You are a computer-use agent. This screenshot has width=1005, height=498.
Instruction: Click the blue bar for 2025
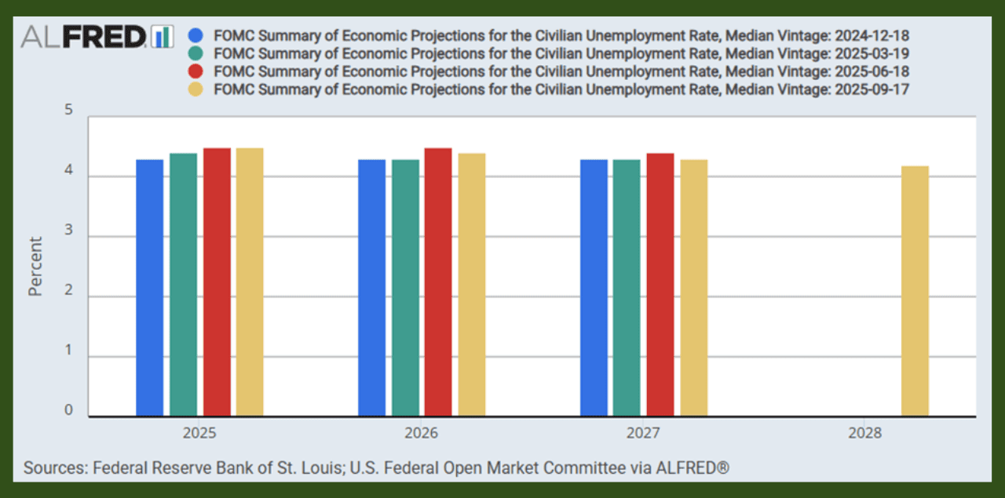click(150, 288)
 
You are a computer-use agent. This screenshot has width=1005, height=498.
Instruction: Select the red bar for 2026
click(438, 282)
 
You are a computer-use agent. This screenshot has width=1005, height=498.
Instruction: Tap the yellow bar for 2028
click(915, 291)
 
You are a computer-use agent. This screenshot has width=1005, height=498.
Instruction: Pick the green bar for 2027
click(627, 288)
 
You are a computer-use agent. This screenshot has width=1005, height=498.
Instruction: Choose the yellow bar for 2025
click(250, 282)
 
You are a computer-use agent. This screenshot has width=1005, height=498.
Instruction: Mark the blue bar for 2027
click(594, 288)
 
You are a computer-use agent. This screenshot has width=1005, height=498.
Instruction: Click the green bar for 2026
click(405, 288)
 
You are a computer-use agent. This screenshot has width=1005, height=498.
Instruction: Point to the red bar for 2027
click(660, 285)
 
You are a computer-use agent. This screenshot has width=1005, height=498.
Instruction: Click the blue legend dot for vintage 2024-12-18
click(196, 35)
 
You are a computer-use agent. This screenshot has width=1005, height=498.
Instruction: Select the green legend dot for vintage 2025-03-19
click(196, 53)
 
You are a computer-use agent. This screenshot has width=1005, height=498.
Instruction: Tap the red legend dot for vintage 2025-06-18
click(196, 71)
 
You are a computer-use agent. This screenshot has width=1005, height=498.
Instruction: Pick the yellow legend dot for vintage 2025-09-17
click(196, 89)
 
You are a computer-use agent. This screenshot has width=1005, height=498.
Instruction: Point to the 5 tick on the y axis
click(68, 111)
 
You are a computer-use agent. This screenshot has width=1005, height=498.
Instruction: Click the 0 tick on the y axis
click(68, 411)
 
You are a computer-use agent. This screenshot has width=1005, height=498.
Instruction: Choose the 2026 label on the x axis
click(422, 433)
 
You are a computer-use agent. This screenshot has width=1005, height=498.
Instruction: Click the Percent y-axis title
click(35, 267)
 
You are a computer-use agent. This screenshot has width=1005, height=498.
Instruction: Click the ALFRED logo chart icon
click(163, 36)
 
